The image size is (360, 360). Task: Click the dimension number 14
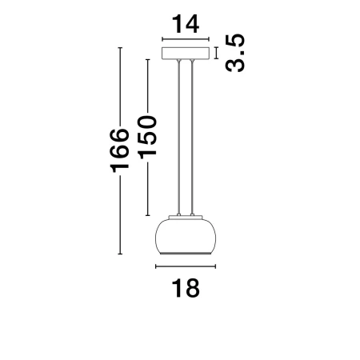[186, 24]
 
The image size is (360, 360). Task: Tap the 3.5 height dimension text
[234, 53]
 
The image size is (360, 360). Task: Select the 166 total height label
[120, 150]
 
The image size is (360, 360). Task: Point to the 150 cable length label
[147, 137]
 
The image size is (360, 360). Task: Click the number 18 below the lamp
[186, 288]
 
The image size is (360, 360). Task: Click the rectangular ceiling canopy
[186, 53]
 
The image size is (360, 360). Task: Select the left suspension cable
[179, 137]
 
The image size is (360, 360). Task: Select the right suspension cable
[192, 137]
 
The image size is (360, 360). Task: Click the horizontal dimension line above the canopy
[186, 39]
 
